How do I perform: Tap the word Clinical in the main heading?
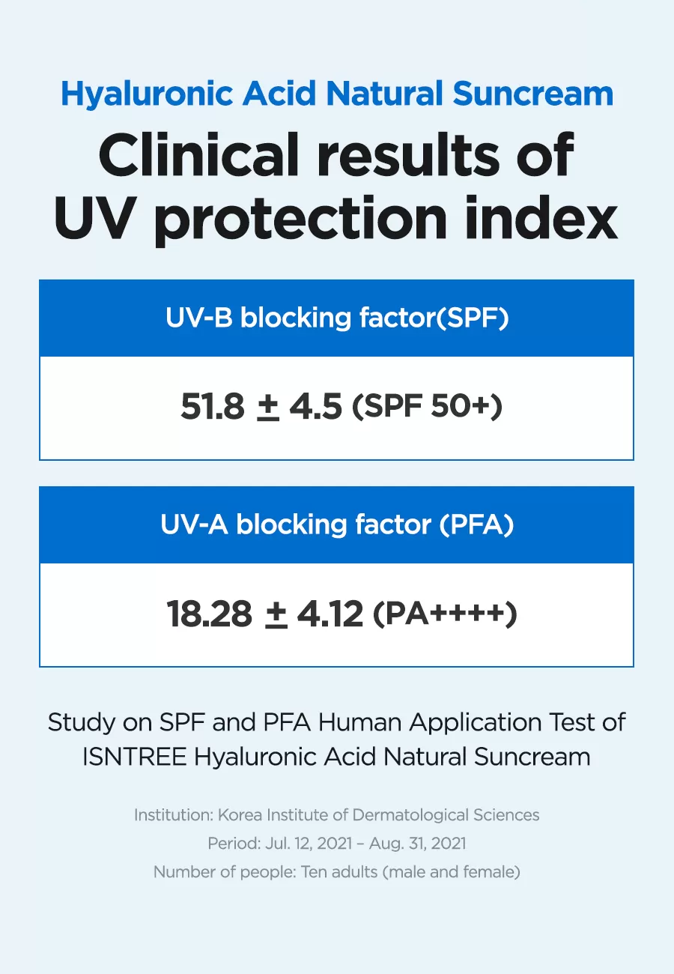coord(198,155)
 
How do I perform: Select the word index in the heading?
coord(541,217)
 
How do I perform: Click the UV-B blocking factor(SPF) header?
coord(337,318)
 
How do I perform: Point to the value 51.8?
coord(213,406)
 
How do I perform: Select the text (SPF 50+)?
coord(427,407)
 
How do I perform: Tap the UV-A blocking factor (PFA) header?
coord(337,524)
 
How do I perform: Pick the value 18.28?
coord(210,614)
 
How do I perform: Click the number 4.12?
coord(330,614)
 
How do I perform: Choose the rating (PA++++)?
coord(445,614)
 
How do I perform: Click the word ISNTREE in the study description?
coord(134,757)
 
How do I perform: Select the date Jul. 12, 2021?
coord(309,844)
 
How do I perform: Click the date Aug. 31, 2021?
coord(417,844)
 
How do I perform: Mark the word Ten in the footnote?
coord(313,872)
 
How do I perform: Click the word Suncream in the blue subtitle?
coord(532,94)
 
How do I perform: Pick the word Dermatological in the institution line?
coord(410,815)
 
